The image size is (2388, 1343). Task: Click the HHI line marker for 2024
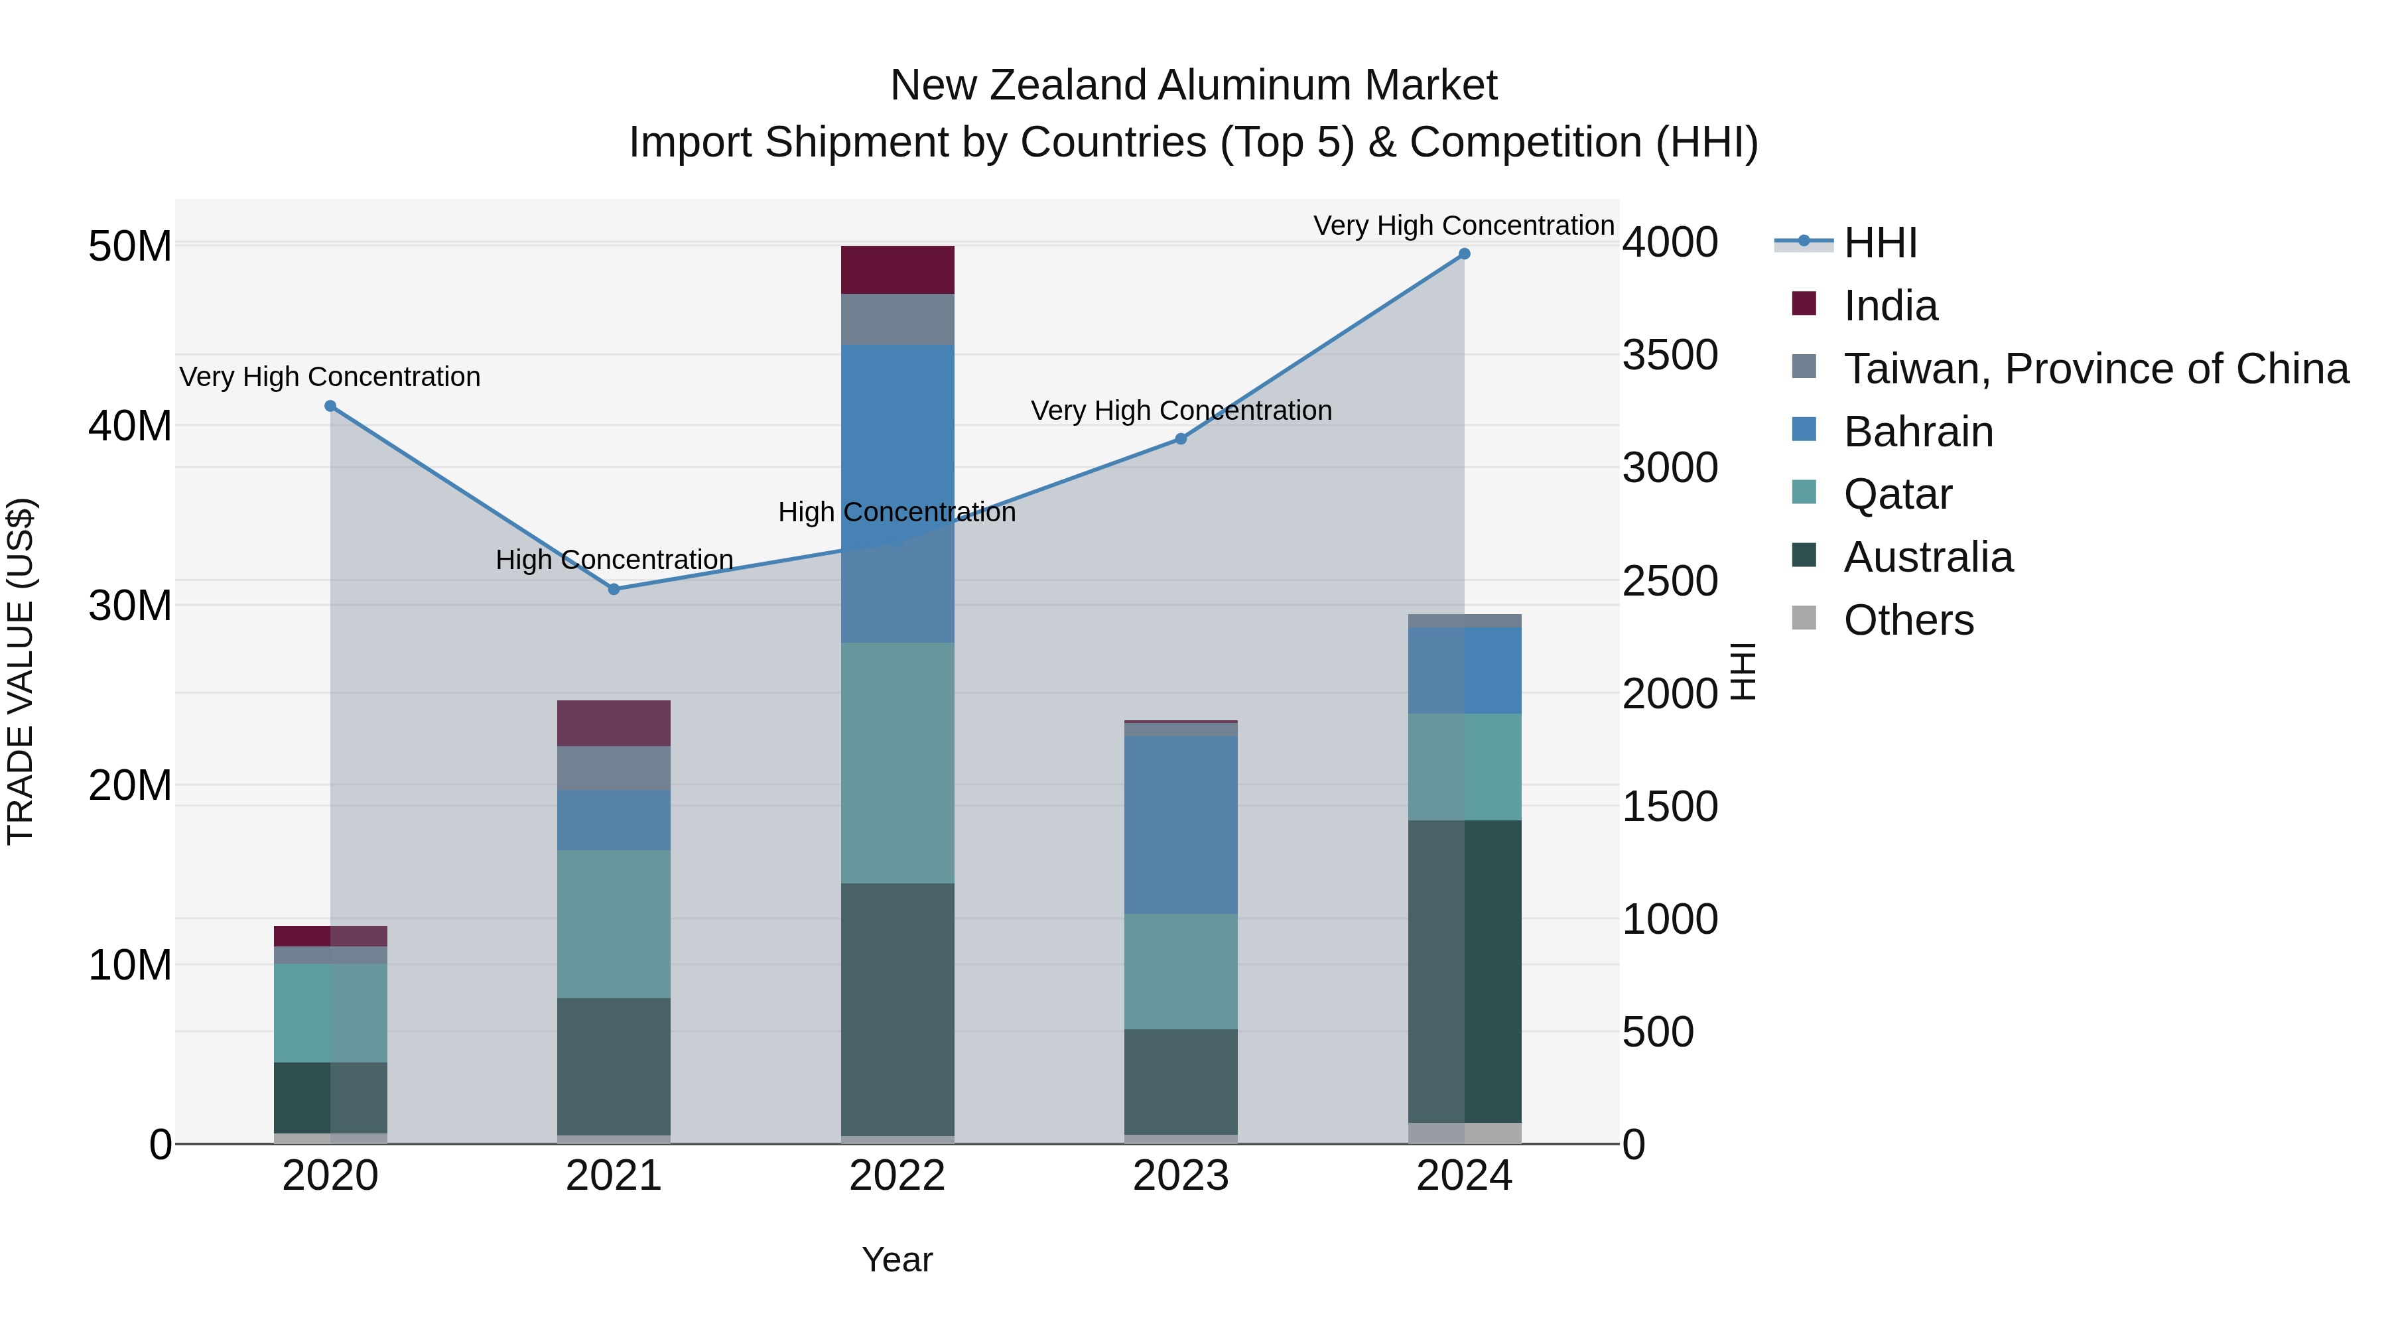point(1464,254)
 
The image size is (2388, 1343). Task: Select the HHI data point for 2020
point(330,406)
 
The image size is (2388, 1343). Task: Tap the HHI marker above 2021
point(614,590)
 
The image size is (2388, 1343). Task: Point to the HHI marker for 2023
point(1181,439)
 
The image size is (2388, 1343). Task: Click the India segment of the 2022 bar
point(897,270)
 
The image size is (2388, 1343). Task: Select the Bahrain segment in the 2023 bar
point(1181,825)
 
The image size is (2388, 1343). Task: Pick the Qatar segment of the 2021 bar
point(614,924)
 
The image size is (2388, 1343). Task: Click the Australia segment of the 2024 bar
point(1465,972)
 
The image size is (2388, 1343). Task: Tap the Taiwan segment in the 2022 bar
point(897,320)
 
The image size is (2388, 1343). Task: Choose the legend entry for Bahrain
point(1918,432)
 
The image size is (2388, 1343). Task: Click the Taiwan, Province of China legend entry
point(2095,369)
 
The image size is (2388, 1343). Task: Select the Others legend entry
point(1908,620)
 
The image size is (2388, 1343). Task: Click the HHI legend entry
point(1880,243)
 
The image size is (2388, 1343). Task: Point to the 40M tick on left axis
point(130,426)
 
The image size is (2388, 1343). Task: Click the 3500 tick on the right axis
point(1670,355)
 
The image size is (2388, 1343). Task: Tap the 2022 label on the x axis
point(897,1176)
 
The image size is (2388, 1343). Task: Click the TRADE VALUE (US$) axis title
point(21,671)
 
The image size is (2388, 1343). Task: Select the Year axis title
point(897,1259)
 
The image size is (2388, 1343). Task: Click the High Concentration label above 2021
point(614,560)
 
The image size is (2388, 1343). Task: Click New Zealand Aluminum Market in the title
point(1193,86)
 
